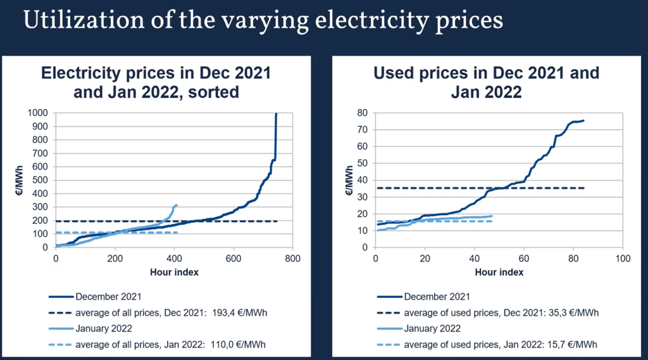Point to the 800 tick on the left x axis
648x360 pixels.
[292, 258]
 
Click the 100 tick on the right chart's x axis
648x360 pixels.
[623, 258]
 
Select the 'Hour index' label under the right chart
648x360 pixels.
[499, 272]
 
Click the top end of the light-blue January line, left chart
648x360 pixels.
[176, 205]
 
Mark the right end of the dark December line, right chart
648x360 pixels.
[583, 120]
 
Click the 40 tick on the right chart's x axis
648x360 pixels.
[474, 258]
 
